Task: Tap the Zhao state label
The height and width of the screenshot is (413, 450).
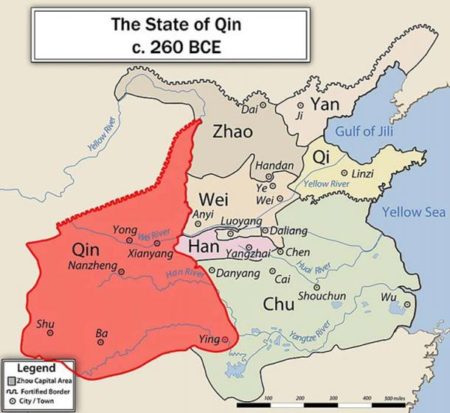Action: (x=232, y=132)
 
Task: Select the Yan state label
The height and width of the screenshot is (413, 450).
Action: (x=325, y=104)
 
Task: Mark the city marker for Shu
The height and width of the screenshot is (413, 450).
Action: (x=50, y=333)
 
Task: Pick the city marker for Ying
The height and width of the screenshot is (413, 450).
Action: (x=225, y=340)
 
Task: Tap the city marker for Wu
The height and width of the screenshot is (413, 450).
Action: (x=407, y=304)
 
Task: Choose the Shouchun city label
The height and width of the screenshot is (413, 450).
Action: (x=322, y=296)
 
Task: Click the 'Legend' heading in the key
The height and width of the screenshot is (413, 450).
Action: (x=36, y=367)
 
